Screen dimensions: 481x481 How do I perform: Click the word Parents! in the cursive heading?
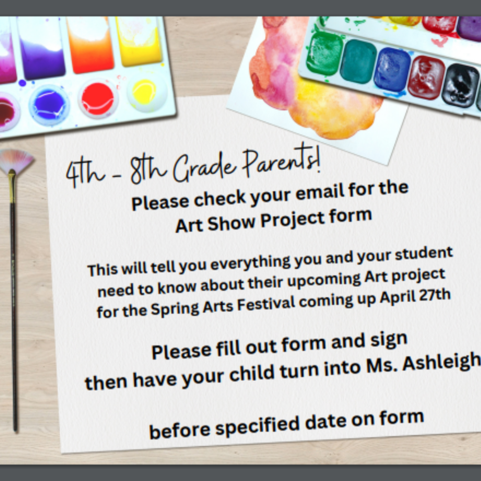coord(282,161)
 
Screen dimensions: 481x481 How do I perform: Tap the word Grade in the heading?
coord(205,167)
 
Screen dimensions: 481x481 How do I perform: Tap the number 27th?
coord(434,295)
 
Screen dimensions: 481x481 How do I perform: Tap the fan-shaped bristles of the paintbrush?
coord(16,161)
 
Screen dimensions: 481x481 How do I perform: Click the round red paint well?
coord(98,99)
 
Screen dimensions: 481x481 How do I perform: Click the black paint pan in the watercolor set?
coord(460,85)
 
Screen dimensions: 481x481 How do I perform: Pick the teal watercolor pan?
coord(358,62)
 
